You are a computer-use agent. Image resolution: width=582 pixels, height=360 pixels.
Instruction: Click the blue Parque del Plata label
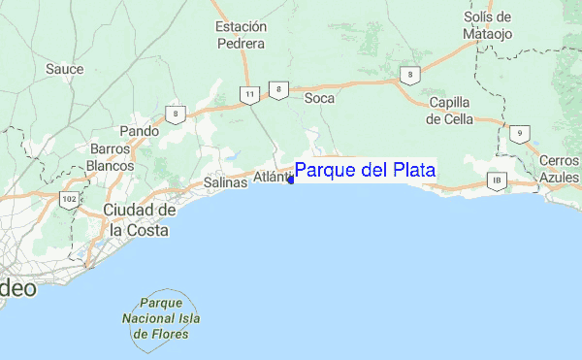tap(365, 171)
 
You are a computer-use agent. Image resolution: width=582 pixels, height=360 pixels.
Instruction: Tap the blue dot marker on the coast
tap(291, 180)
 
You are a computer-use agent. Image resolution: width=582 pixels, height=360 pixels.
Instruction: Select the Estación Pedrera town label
tap(242, 35)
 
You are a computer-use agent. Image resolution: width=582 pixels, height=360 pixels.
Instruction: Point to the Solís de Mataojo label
tap(487, 25)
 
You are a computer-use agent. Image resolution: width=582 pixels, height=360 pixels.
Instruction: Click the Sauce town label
tap(65, 69)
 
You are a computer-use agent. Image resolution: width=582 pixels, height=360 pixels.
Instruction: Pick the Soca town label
tap(319, 98)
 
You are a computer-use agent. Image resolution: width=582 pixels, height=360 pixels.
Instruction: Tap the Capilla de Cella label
tap(448, 111)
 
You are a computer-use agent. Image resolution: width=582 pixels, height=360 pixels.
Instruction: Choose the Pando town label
tap(138, 131)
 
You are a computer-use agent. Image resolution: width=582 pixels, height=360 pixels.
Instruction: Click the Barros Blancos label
tap(112, 157)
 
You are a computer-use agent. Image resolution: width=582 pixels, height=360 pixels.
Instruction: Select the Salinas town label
tap(226, 182)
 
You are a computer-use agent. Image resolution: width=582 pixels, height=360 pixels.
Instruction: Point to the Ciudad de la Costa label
tap(140, 220)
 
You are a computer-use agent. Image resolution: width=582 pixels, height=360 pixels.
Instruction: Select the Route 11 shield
tap(250, 94)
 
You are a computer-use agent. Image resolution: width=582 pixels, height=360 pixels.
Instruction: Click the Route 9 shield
tap(521, 134)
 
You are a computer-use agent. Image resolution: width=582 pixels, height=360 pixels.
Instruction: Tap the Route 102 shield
tap(69, 200)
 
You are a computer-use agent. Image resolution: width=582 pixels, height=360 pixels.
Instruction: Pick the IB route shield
tap(498, 180)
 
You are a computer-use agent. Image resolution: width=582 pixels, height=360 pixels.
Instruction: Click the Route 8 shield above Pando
tap(176, 114)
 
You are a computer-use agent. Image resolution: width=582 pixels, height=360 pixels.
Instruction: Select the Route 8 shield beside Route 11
tap(278, 90)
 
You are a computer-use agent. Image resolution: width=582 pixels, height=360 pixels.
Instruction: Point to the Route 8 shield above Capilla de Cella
tap(412, 74)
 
